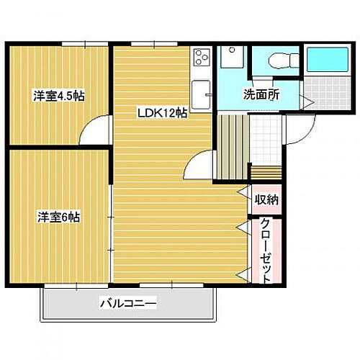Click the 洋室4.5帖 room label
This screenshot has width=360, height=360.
[x=57, y=95]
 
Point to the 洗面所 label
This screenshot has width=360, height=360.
[x=261, y=94]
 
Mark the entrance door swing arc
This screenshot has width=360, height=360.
[x=296, y=130]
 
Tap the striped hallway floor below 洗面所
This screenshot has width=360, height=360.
[x=233, y=144]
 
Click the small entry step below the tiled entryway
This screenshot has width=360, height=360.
[x=266, y=174]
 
